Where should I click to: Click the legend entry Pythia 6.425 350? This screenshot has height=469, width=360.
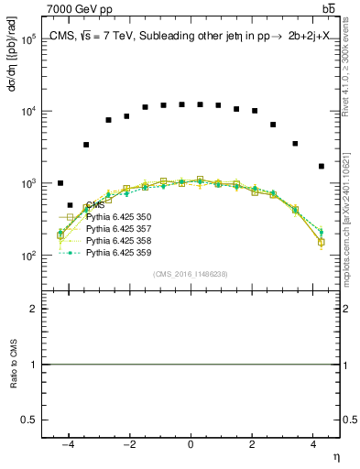[117, 217]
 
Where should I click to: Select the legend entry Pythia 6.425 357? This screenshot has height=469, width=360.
[117, 228]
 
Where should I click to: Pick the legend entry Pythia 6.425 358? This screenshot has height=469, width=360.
[117, 239]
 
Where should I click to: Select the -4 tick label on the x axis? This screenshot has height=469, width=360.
[68, 444]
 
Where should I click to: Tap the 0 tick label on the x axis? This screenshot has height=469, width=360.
[191, 444]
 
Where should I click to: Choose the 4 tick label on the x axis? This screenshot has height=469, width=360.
[313, 444]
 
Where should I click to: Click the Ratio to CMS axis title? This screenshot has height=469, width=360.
[14, 365]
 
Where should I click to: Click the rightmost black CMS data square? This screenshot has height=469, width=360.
[322, 166]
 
